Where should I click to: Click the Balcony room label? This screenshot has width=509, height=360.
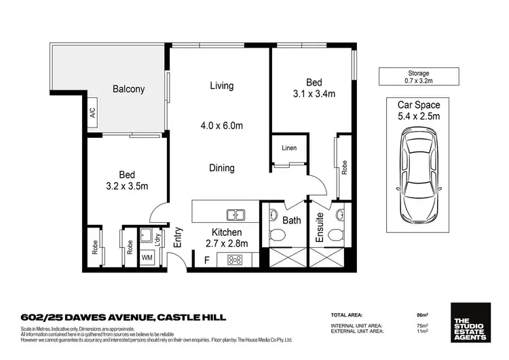pos(128,89)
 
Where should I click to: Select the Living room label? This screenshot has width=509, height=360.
pos(221,86)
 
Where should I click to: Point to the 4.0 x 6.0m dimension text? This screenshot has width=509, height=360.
pos(221,126)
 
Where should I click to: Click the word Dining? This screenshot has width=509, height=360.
pos(221,168)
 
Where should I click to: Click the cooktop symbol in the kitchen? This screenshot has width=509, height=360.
pos(235,259)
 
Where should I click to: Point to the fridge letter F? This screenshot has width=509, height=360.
pos(206,259)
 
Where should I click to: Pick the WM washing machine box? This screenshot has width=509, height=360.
pos(147,258)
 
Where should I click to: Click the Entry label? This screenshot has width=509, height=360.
pos(178,236)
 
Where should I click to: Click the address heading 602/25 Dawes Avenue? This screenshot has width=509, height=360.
pos(123,317)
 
